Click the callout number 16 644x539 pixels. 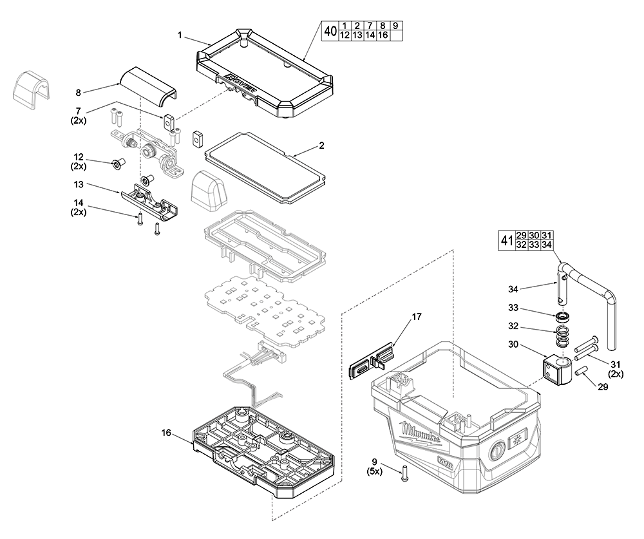tap(166, 433)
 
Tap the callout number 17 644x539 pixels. tap(417, 316)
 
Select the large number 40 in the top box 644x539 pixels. tap(330, 31)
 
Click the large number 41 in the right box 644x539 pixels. tap(506, 241)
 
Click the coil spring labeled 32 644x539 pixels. tap(564, 336)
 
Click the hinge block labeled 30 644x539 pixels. tap(558, 371)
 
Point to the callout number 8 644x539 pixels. tap(78, 93)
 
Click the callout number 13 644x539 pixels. tap(78, 184)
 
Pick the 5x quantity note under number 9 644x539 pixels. tap(374, 471)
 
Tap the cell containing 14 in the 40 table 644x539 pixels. tap(370, 36)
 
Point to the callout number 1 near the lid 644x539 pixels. tap(180, 34)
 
